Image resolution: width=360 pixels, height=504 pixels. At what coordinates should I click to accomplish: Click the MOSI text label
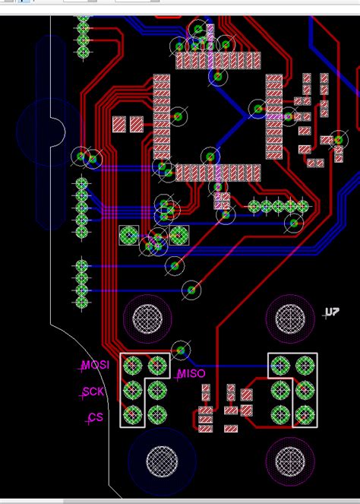[96, 366]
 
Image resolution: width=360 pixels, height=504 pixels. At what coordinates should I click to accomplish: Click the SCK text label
[93, 392]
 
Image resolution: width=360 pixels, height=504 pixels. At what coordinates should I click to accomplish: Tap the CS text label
[96, 418]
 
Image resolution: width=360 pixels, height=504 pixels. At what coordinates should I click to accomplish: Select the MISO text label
[191, 374]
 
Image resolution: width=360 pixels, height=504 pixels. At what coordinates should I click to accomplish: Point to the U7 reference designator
[332, 312]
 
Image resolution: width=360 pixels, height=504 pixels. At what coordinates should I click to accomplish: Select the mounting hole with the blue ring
[162, 461]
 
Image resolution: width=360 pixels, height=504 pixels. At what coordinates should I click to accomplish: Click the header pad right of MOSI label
[132, 366]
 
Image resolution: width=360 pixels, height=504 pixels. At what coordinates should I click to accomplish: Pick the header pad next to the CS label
[132, 415]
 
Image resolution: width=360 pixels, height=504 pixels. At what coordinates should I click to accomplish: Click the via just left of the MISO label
[180, 350]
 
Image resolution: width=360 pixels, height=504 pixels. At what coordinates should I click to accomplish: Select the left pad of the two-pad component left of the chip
[119, 123]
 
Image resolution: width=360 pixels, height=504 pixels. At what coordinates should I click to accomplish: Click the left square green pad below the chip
[129, 234]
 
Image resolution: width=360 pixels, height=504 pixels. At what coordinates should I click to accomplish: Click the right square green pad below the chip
[179, 234]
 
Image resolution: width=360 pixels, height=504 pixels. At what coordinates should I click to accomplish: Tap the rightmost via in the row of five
[302, 206]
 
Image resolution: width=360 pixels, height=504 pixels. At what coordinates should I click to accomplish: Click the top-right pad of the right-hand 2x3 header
[305, 366]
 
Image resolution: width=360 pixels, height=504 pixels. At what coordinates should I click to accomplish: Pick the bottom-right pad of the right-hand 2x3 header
[305, 415]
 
